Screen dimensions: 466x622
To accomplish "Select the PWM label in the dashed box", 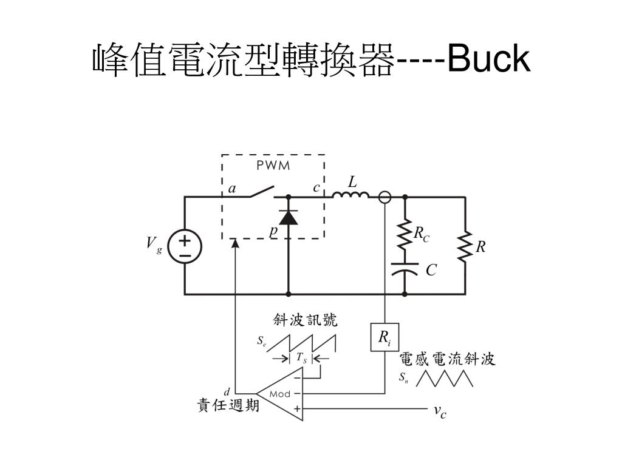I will point(273,166).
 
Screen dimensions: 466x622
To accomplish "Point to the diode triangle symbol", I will point(288,217).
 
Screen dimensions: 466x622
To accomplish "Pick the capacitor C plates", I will point(405,268).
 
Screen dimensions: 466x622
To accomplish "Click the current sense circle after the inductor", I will point(384,197).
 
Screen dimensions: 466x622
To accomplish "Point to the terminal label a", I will point(232,189).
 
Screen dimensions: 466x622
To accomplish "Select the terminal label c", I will point(316,188).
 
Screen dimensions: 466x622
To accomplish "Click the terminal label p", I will point(273,231).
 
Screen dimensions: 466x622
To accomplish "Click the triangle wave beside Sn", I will point(444,378).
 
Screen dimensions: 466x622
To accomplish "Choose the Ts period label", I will point(301,359).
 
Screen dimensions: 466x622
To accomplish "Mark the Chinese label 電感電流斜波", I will point(447,359).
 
